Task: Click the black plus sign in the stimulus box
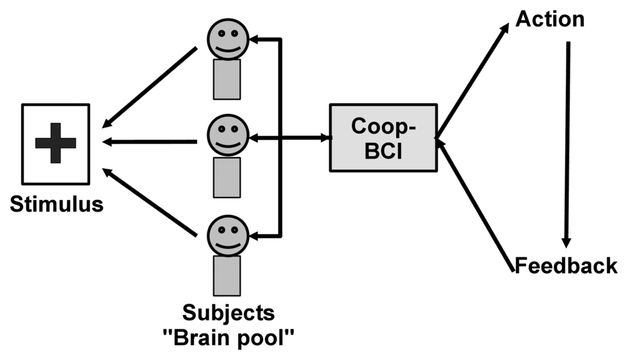pyautogui.click(x=55, y=143)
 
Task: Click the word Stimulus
pyautogui.click(x=56, y=204)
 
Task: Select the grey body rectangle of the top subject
pyautogui.click(x=226, y=79)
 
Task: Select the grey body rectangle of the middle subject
pyautogui.click(x=227, y=177)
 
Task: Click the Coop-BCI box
pyautogui.click(x=383, y=137)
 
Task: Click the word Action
pyautogui.click(x=549, y=19)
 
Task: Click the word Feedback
pyautogui.click(x=565, y=266)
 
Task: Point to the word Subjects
pyautogui.click(x=228, y=313)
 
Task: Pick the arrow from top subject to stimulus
pyautogui.click(x=152, y=85)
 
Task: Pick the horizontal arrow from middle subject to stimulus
pyautogui.click(x=150, y=142)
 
